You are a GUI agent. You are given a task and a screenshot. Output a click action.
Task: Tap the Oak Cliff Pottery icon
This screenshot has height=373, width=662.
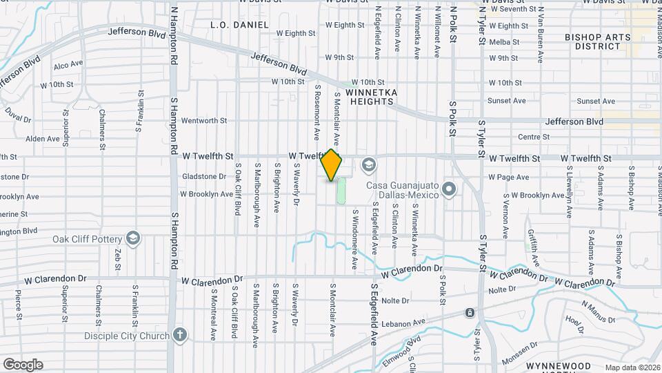(134, 240)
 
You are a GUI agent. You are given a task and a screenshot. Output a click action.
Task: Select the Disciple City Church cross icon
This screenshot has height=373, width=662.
(180, 336)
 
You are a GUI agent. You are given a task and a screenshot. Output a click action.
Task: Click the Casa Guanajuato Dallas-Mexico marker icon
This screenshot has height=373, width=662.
(450, 189)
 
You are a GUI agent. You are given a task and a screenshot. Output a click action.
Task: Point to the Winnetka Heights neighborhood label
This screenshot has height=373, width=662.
(372, 96)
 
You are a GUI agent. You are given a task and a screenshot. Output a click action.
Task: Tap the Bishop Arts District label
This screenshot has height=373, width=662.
(592, 41)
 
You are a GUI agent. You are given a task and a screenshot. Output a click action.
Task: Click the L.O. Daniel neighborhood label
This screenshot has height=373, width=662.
(239, 25)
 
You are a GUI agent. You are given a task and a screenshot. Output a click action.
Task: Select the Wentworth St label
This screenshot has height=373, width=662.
(203, 120)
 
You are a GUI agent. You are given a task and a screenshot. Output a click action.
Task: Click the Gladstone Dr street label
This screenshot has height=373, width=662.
(203, 177)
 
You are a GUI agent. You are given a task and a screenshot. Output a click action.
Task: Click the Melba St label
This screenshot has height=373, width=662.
(503, 42)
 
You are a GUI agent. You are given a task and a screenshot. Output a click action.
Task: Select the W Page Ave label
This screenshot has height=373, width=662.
(508, 178)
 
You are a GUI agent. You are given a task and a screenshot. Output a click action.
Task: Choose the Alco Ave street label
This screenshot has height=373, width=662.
(68, 66)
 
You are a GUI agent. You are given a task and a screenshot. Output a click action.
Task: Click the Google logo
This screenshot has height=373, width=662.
(23, 365)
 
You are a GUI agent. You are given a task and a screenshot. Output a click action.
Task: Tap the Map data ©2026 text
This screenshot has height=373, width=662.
(632, 367)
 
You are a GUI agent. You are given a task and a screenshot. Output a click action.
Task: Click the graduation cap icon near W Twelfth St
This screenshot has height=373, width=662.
(369, 164)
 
